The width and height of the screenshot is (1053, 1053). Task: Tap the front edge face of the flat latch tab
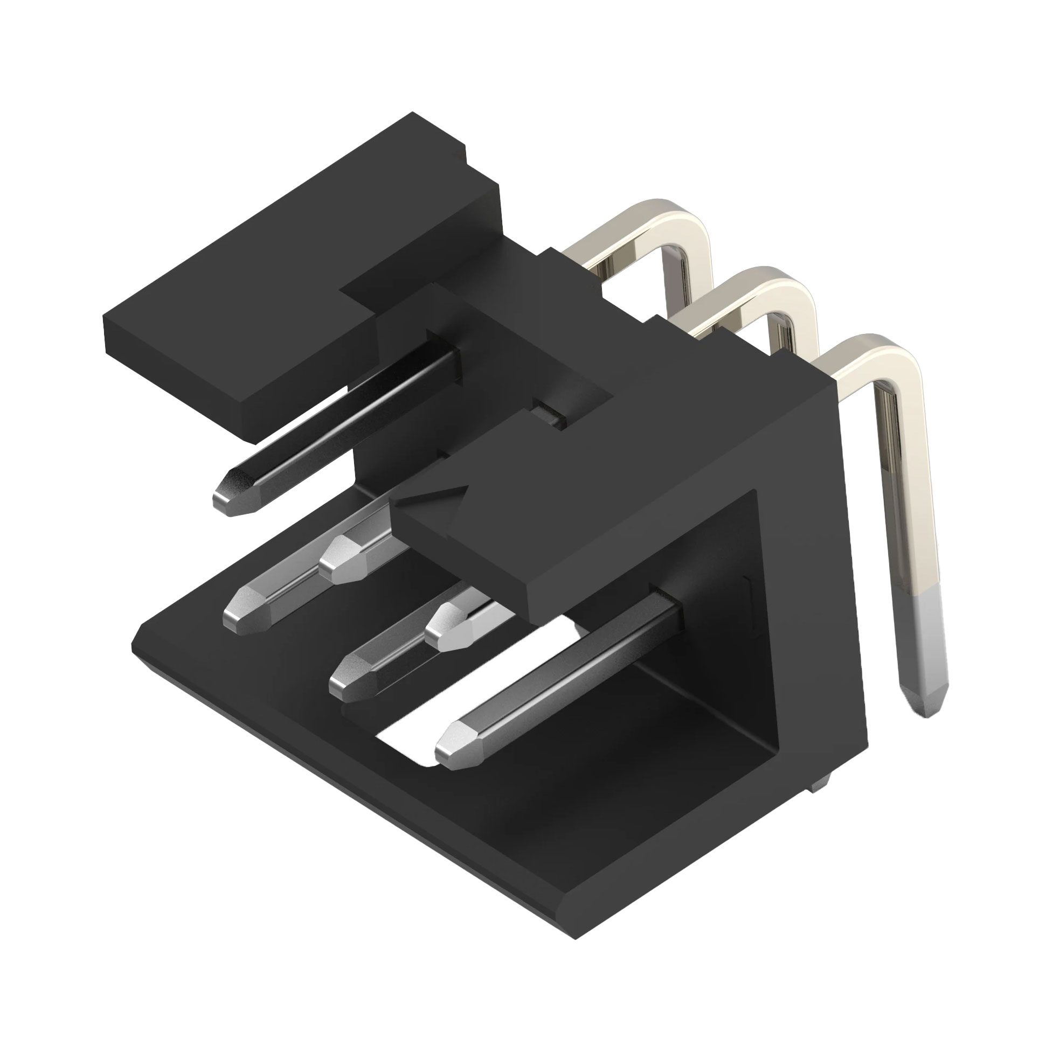point(180,376)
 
